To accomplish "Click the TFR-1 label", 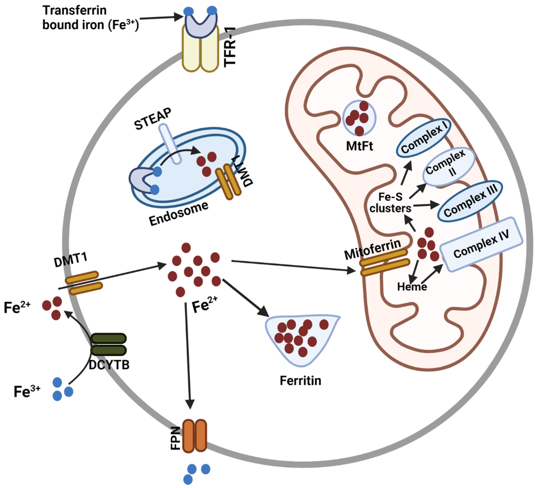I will [230, 47].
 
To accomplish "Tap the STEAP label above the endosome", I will [153, 119].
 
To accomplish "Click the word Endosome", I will [178, 214].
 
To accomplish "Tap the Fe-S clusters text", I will [390, 203].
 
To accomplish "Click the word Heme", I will [412, 287].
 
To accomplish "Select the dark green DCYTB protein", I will [109, 344].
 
